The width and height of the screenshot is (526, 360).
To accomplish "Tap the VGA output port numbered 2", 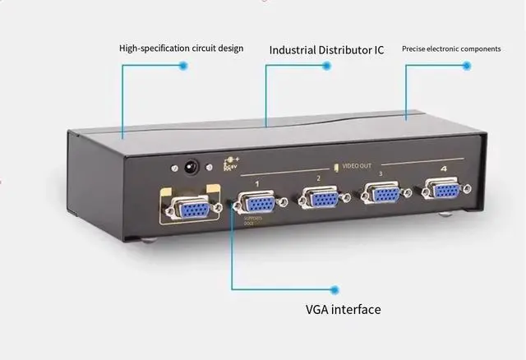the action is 319,199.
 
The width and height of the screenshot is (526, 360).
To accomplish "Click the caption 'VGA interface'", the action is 338,310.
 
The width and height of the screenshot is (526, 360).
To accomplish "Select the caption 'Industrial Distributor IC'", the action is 327,49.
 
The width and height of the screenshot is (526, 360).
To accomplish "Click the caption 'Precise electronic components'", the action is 451,48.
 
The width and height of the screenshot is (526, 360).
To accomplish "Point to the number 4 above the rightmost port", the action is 444,170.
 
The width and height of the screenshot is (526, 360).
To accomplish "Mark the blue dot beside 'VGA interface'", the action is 335,289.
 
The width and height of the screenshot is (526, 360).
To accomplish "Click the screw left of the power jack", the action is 173,168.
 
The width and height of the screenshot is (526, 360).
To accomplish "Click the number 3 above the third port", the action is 381,174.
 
